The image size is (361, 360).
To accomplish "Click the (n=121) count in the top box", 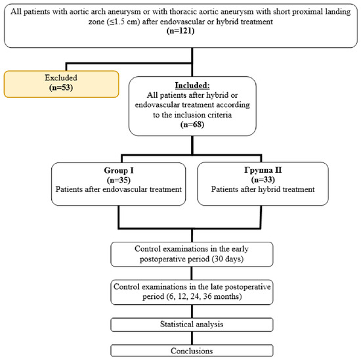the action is pyautogui.click(x=180, y=31).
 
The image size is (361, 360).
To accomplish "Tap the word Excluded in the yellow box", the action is pyautogui.click(x=61, y=78).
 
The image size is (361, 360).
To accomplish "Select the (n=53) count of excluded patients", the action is pyautogui.click(x=61, y=87).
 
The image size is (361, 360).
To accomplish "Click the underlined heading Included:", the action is pyautogui.click(x=192, y=85).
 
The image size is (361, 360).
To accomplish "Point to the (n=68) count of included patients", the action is pyautogui.click(x=192, y=124).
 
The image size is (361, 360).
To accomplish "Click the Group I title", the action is pyautogui.click(x=119, y=170).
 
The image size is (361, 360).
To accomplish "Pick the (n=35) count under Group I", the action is pyautogui.click(x=119, y=180).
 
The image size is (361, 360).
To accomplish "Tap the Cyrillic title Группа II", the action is pyautogui.click(x=263, y=170).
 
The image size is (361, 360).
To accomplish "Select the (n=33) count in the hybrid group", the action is pyautogui.click(x=263, y=179).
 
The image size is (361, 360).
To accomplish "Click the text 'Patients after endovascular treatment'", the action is pyautogui.click(x=119, y=189).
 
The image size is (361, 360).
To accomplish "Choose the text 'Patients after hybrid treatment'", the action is pyautogui.click(x=263, y=189).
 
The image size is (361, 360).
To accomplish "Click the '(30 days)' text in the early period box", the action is pyautogui.click(x=228, y=259).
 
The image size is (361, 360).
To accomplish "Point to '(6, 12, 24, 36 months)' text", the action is pyautogui.click(x=203, y=296).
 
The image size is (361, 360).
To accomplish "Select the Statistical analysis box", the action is pyautogui.click(x=192, y=325).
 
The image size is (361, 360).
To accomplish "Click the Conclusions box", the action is pyautogui.click(x=192, y=351).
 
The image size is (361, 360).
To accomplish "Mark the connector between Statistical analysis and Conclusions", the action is pyautogui.click(x=192, y=338).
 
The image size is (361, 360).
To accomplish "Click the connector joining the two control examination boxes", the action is pyautogui.click(x=192, y=273).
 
